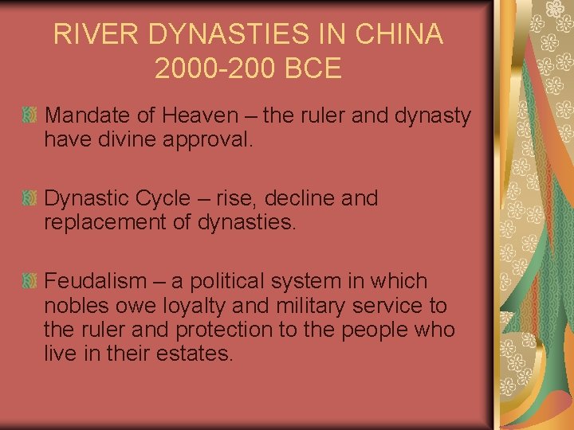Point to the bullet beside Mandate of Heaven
tap(29, 116)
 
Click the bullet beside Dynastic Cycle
tap(29, 198)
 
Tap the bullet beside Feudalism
tap(29, 281)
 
